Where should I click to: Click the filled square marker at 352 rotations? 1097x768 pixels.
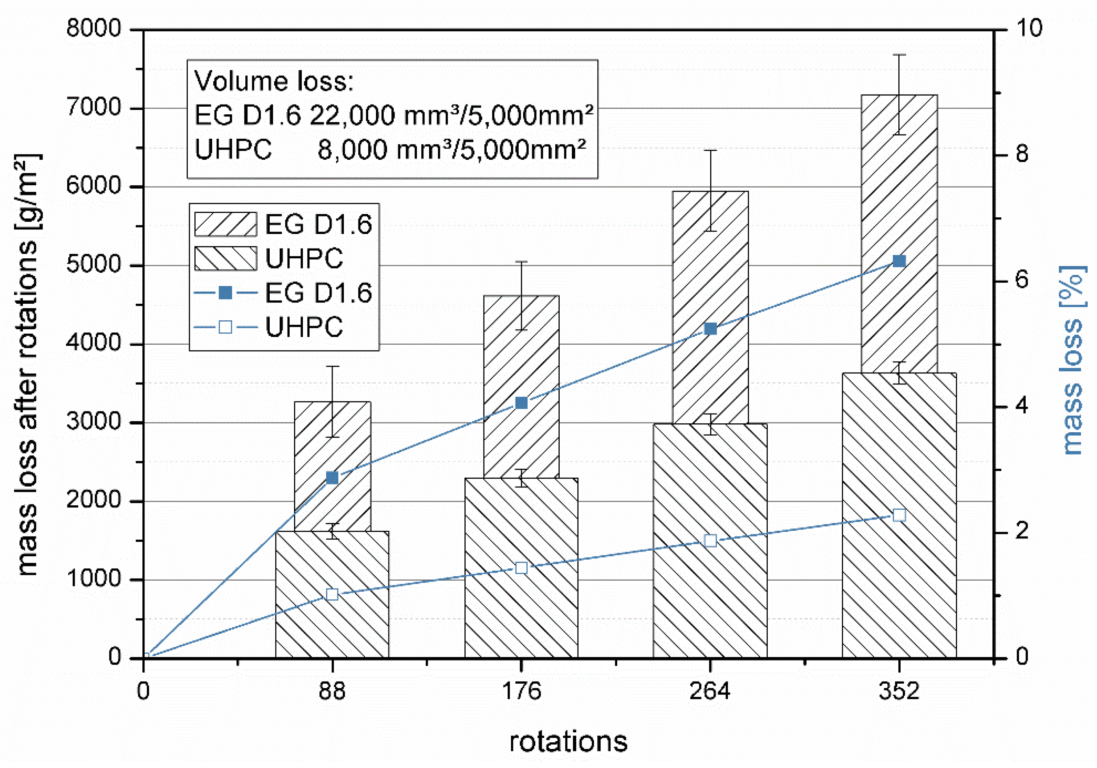coord(899,261)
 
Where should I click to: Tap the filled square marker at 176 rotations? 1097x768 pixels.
coord(521,403)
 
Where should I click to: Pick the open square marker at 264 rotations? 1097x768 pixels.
coord(711,541)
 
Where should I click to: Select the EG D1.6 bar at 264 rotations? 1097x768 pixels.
coord(711,306)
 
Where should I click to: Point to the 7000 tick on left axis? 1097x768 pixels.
coord(94,107)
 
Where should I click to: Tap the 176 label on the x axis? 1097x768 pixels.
coord(521,691)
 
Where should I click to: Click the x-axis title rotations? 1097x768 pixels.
coord(568,742)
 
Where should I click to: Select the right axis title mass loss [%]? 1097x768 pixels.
coord(1072,360)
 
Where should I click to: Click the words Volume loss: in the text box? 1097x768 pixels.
coord(274,81)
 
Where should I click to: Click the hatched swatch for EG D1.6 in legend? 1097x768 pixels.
coord(225,225)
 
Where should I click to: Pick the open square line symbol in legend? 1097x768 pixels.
coord(225,327)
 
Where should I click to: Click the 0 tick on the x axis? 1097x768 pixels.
coord(143,691)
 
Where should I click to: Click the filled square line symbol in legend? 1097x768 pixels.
coord(225,293)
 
